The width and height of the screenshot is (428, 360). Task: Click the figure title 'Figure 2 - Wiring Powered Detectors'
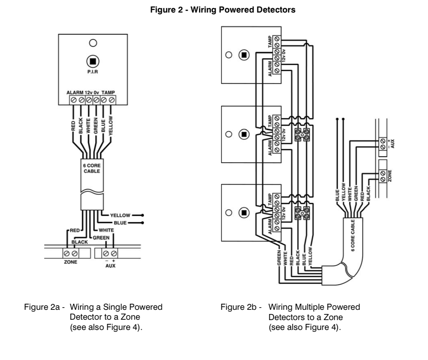(223, 10)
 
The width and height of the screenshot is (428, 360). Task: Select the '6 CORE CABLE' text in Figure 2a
(92, 168)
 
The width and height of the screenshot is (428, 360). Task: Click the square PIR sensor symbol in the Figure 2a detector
(92, 61)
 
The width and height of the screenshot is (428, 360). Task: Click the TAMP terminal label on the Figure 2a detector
(108, 92)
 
